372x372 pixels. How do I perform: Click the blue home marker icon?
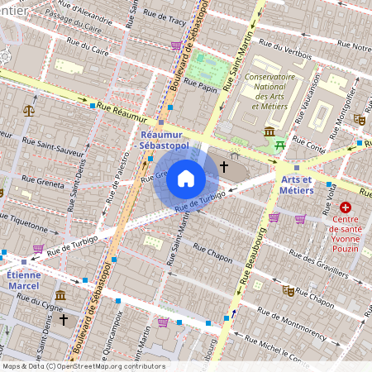186,179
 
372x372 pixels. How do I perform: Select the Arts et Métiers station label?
298,184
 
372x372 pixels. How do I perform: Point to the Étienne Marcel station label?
22,280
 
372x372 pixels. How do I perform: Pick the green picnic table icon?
280,145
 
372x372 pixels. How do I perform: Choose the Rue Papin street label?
200,83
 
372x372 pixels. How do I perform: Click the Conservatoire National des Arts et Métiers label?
269,93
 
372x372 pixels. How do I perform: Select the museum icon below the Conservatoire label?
269,132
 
